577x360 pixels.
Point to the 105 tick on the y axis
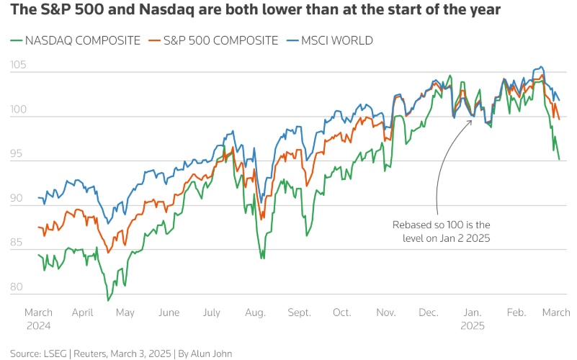19,66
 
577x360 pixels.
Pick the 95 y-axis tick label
18,154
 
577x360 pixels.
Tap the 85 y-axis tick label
18,243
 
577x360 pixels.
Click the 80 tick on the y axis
18,287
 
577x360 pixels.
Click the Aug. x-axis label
256,312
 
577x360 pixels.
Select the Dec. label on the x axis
429,312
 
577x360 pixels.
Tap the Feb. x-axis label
516,312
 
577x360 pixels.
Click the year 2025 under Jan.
473,325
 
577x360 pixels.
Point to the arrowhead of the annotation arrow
472,120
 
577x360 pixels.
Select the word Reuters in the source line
85,354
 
